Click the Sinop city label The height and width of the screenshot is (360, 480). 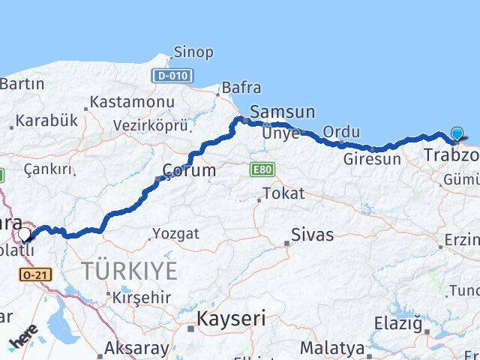coord(193,52)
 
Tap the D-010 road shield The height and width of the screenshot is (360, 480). coord(172,76)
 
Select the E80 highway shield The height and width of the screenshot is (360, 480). coord(261,170)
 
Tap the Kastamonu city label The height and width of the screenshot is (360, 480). coord(132,101)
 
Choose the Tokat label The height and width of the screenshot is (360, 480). coord(284,193)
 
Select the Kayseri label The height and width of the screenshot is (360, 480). coord(231,319)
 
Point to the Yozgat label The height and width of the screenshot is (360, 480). coord(177,234)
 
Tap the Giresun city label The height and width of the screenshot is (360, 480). coord(372,159)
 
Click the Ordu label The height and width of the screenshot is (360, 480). coord(340,132)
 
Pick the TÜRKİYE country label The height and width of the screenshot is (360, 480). coord(129,271)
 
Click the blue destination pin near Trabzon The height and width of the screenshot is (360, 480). coord(457,134)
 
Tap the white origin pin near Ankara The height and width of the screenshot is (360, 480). coord(25,234)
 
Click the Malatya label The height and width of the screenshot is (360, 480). coord(332,348)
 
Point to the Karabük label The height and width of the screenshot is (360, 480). coord(46,120)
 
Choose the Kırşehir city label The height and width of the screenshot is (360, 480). coord(142,297)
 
